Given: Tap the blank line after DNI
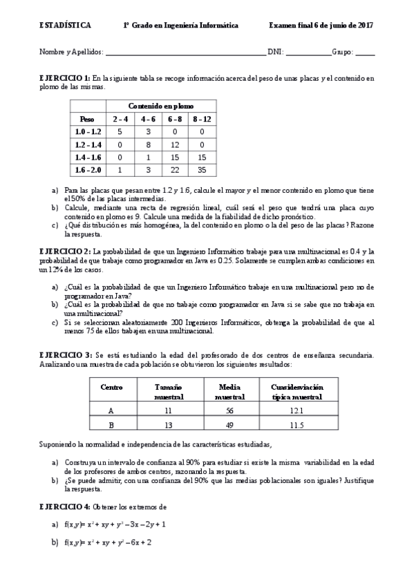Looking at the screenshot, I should [x=308, y=53].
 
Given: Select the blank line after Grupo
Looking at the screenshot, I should [x=365, y=53].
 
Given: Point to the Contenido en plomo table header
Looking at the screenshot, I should [x=160, y=106].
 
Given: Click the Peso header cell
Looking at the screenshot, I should [x=87, y=118].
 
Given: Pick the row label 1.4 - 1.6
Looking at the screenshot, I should [x=88, y=157].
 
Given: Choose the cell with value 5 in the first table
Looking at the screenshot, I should [x=120, y=131].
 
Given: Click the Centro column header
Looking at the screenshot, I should [x=111, y=387].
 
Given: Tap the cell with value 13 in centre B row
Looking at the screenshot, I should [x=168, y=424].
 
